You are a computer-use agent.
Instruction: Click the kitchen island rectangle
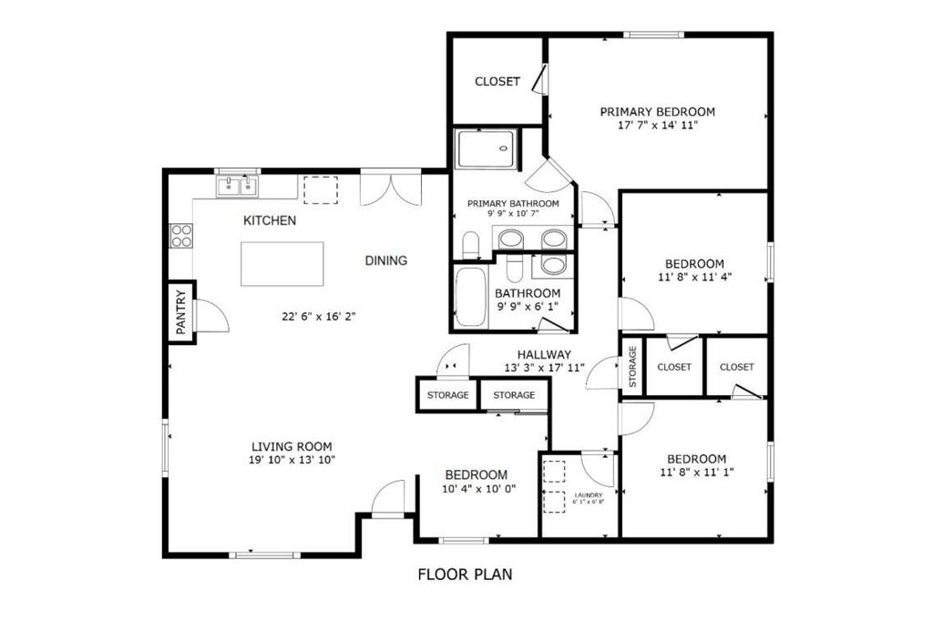coord(282,263)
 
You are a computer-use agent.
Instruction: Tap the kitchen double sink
coord(237,187)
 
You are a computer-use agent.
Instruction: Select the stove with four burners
coord(180,236)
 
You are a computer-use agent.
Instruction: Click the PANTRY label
coord(181,312)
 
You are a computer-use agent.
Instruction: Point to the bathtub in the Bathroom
coord(470,297)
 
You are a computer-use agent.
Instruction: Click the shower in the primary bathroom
coord(485,149)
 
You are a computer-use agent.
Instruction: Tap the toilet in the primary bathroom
coord(471,244)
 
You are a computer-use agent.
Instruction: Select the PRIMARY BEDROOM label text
coord(657,112)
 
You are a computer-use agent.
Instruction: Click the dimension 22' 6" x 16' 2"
coord(317,317)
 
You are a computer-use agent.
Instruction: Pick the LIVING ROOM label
coord(292,446)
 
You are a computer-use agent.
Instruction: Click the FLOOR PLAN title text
coord(465,575)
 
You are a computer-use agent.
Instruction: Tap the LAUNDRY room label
coord(588,495)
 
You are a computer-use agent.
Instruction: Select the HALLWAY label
coord(544,355)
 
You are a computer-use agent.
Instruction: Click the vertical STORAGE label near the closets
coord(631,367)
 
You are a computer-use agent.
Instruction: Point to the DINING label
coord(385,260)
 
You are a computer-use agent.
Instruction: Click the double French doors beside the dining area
coord(390,189)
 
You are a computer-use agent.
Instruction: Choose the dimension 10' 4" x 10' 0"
coord(479,488)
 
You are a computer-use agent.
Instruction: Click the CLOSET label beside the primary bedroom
coord(497,82)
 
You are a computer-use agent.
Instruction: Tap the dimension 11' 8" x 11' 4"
coord(694,277)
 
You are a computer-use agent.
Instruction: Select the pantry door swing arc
coord(211,316)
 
